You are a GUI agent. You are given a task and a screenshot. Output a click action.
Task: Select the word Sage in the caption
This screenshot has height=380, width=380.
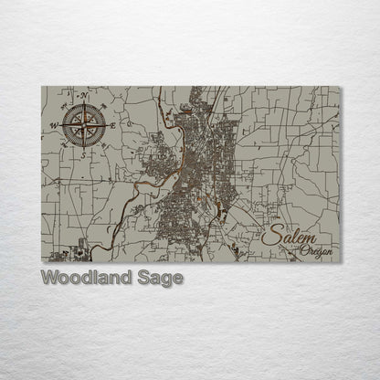[x=162, y=276]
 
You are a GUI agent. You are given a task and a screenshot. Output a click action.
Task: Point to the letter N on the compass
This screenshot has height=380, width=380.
[x=85, y=94]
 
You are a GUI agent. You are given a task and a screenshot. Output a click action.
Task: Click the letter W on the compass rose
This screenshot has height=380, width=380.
[x=54, y=124]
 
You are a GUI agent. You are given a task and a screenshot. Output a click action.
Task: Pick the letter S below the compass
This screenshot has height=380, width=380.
[x=83, y=153]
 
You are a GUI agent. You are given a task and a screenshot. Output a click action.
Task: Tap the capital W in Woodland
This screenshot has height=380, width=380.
[x=49, y=276]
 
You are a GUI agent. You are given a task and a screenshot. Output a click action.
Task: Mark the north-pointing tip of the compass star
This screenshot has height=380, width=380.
[x=83, y=102]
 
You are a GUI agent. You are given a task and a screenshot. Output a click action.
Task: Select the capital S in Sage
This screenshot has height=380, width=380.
[x=144, y=276]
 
